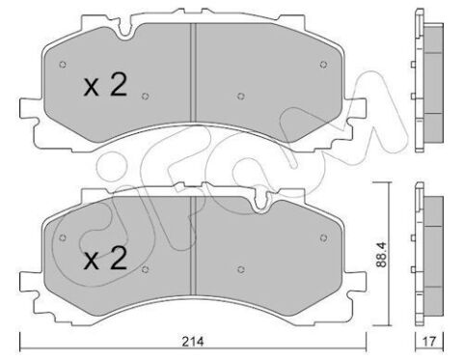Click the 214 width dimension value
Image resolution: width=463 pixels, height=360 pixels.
[193, 342]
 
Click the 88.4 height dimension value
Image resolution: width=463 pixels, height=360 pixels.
[381, 255]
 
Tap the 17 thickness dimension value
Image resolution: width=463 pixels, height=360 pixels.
[430, 342]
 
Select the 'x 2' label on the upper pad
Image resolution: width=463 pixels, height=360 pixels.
[105, 85]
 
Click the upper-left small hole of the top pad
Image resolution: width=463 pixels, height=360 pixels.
[63, 65]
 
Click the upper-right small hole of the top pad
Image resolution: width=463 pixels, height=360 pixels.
[323, 65]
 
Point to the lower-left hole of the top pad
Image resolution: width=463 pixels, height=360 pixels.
[146, 96]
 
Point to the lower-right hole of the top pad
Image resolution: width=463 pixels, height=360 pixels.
[241, 96]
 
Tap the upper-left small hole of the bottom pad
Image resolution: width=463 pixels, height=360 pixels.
[63, 237]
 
